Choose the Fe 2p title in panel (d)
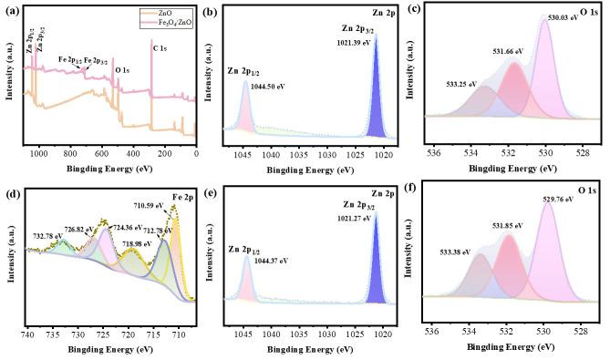pyautogui.click(x=182, y=194)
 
